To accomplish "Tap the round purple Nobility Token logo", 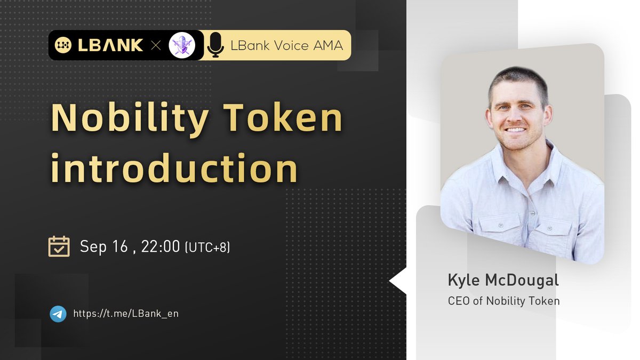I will (181, 45).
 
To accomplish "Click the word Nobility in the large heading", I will (130, 118).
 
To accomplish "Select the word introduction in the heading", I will (174, 168).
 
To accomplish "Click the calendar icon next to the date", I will (59, 246).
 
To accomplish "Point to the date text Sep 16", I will (102, 246).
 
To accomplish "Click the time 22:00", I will (161, 246).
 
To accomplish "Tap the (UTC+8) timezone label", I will (207, 247).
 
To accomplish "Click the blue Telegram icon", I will (58, 314).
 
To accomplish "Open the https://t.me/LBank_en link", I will (125, 314).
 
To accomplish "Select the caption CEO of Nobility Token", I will (504, 301).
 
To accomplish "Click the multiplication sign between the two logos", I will (156, 45).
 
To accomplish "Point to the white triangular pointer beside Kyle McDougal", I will (398, 282).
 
